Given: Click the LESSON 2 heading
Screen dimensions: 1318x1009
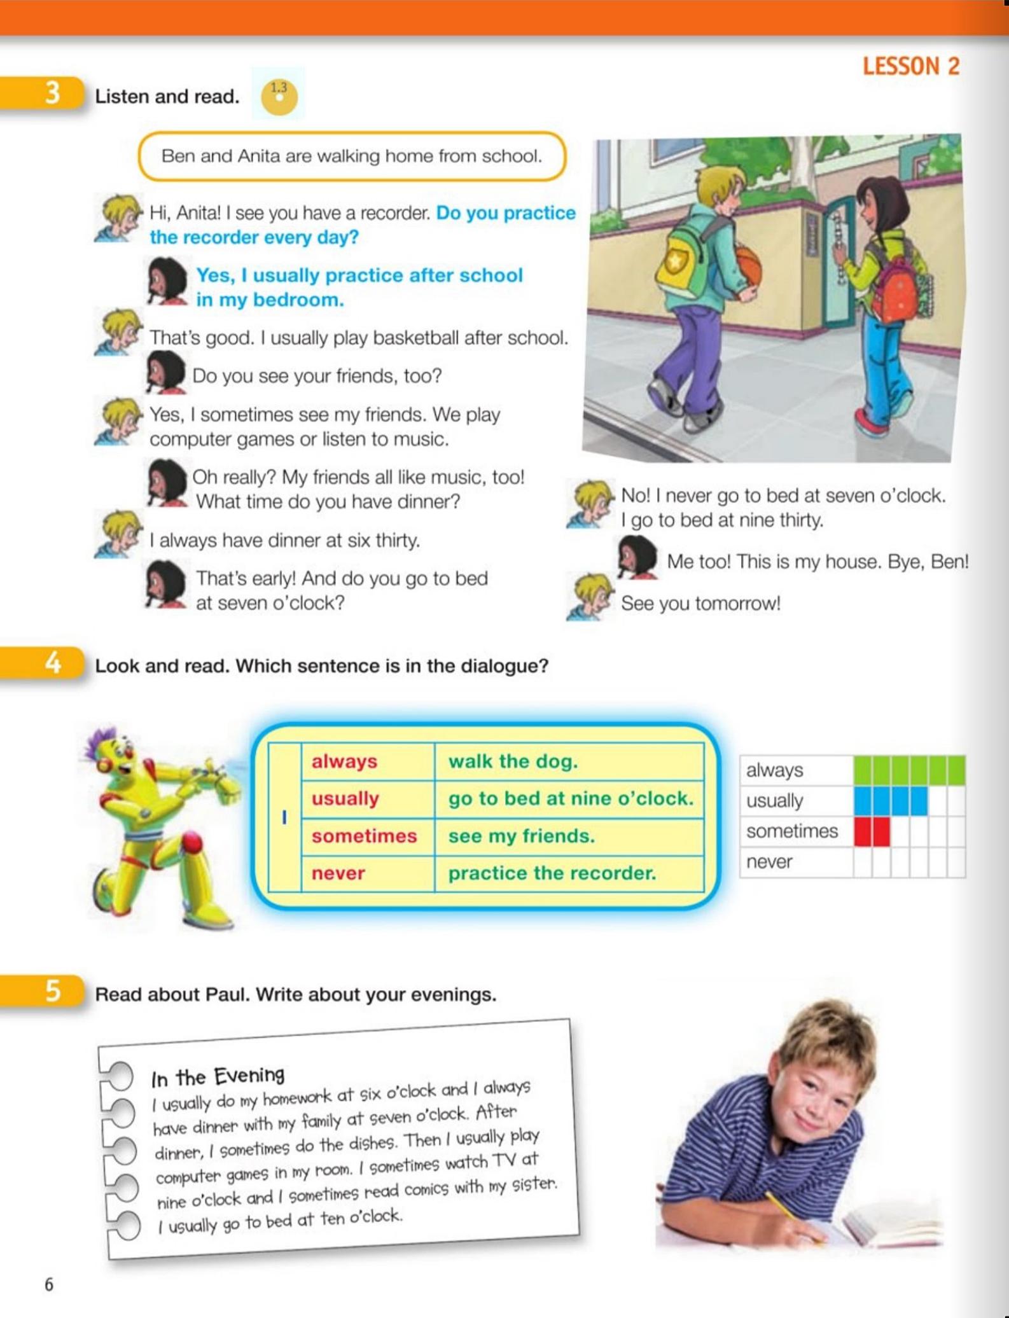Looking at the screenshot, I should coord(910,66).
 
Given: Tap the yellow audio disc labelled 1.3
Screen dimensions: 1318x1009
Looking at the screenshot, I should coord(279,97).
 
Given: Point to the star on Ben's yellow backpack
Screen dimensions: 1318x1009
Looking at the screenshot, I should coord(673,261).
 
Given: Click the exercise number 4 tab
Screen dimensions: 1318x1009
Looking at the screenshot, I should coord(53,663).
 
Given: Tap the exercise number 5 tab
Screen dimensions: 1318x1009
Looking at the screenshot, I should coord(53,992).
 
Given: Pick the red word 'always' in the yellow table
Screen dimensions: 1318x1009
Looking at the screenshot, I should coord(344,761).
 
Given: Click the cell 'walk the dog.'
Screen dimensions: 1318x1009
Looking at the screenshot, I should coord(513,761).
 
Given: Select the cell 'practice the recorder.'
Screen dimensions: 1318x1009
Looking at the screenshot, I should coord(552,873).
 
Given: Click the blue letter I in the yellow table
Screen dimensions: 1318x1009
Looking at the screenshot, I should coord(284,817).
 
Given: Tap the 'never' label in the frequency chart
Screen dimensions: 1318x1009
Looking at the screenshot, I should coord(769,862).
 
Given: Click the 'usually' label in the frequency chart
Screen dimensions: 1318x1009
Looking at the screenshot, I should coord(774,801).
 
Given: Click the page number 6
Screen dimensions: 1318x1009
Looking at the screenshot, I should coord(49,1284).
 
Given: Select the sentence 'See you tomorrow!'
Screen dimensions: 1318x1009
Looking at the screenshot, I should coord(700,603).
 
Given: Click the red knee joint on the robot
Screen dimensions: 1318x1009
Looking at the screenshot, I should coord(192,843).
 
